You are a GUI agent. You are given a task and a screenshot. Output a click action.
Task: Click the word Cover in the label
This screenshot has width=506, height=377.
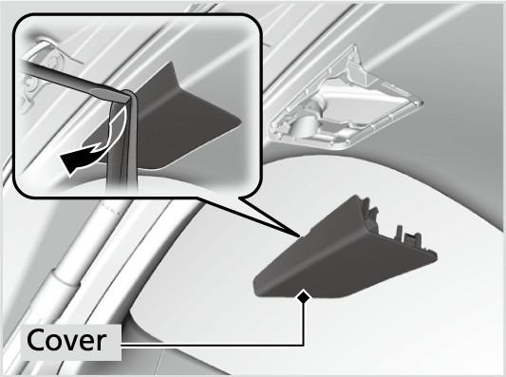(x=66, y=340)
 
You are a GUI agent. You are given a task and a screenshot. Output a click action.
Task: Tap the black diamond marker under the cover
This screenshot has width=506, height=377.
(x=304, y=296)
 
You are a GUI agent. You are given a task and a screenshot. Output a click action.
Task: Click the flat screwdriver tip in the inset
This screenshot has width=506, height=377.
(x=108, y=93)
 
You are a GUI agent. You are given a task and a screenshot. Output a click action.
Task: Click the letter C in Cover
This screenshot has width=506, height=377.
(x=35, y=340)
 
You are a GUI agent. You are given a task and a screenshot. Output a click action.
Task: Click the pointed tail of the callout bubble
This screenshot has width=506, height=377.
(x=300, y=236)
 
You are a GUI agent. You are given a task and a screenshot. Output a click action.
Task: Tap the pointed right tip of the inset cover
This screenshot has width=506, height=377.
(x=240, y=121)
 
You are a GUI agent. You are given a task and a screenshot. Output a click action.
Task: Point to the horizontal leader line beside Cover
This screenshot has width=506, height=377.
(x=213, y=345)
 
